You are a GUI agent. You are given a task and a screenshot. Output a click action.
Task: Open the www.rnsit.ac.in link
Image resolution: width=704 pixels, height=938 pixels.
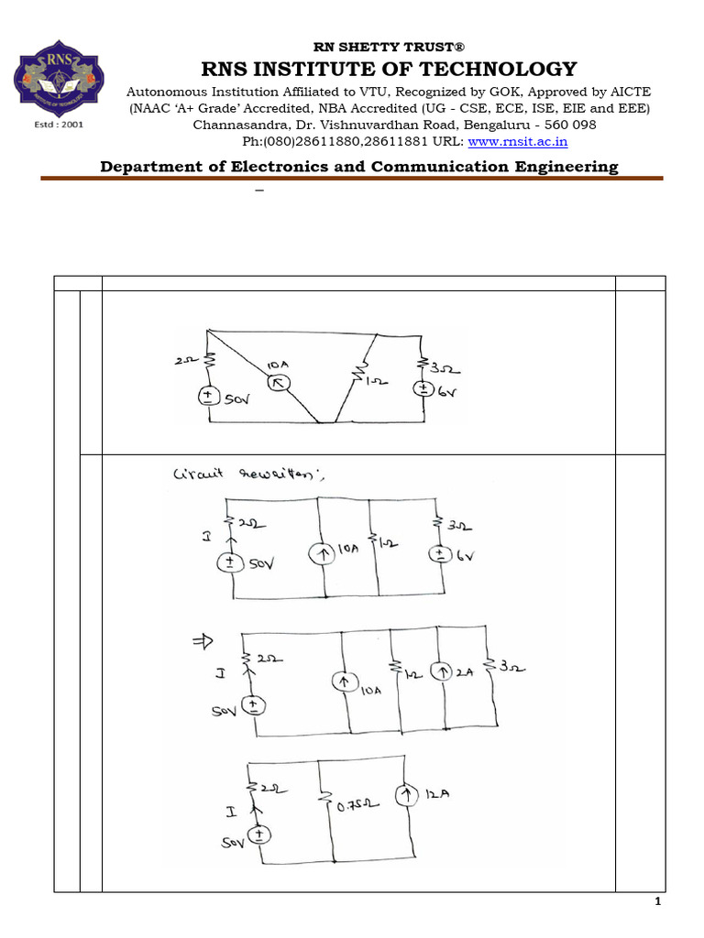coord(518,141)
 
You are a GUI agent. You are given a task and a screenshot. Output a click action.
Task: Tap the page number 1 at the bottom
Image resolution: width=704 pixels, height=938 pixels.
coord(657,903)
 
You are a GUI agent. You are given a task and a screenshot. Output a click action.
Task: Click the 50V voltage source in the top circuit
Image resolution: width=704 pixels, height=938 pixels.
coord(209,398)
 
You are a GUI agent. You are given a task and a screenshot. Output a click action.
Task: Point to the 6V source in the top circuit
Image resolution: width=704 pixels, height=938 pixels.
coord(423,388)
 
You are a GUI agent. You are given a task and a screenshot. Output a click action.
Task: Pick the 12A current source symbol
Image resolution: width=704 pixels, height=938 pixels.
coord(405,795)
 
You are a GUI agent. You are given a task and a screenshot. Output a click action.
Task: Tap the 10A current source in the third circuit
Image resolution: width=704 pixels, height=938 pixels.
coord(344,682)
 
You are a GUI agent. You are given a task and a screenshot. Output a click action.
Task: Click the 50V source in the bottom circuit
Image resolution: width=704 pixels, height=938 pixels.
coord(260,835)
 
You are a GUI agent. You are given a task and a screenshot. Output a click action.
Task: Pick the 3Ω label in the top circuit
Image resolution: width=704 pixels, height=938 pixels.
coord(446,371)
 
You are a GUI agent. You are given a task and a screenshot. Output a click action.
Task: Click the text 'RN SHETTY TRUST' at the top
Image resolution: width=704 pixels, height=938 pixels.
coord(379,47)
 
